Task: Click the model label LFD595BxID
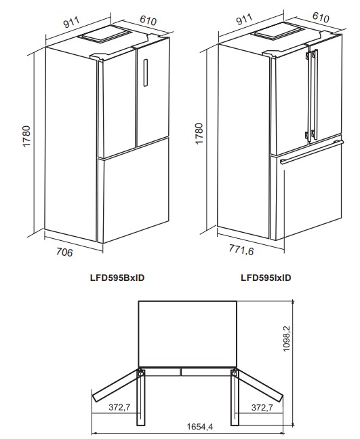coord(117,278)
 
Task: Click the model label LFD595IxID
coord(266,278)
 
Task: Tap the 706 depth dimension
coord(64,252)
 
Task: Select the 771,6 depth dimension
coord(241,250)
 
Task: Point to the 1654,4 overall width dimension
coord(200,427)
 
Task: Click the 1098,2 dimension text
coord(286,339)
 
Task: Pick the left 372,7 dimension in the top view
coord(119,407)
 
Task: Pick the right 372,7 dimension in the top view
coord(262,407)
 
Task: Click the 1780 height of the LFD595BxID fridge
coord(26,136)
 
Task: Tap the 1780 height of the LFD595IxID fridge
coord(199,134)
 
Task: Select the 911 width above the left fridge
coord(72,22)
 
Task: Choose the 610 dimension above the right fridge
coord(321,18)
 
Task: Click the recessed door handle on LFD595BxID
coord(146,73)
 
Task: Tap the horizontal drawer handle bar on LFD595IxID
coord(312,152)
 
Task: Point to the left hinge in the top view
coord(140,373)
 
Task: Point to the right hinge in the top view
coord(235,373)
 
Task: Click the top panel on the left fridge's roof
coord(108,34)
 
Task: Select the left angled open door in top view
coord(115,386)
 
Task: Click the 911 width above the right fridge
coord(245,19)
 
